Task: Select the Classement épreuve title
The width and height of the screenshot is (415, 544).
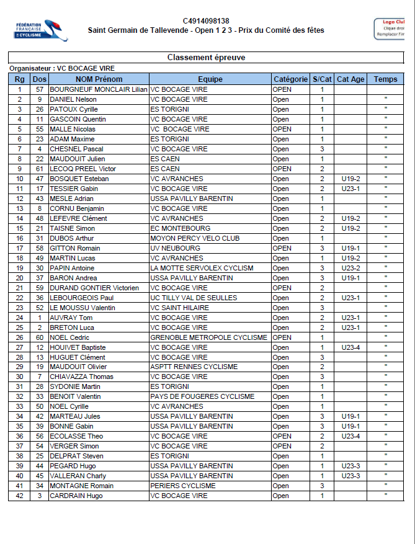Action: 206,58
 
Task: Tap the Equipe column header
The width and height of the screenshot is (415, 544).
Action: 210,79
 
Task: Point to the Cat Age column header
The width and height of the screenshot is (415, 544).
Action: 350,79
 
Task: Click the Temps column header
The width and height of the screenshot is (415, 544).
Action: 385,79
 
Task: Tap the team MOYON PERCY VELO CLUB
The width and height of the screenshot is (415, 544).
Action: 195,238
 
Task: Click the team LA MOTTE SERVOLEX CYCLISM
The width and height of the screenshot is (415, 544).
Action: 202,268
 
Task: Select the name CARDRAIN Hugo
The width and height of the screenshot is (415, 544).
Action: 76,496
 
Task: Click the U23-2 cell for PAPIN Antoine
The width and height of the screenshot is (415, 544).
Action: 350,268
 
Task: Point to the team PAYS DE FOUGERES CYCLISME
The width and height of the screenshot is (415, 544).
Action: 202,397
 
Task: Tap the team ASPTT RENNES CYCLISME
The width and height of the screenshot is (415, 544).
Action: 194,367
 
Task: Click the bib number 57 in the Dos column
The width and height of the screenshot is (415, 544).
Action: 40,89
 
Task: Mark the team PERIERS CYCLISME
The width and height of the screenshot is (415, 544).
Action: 183,486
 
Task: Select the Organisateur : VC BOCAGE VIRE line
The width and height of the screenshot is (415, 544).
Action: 62,68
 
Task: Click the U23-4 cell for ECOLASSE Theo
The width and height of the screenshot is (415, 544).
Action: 350,437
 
